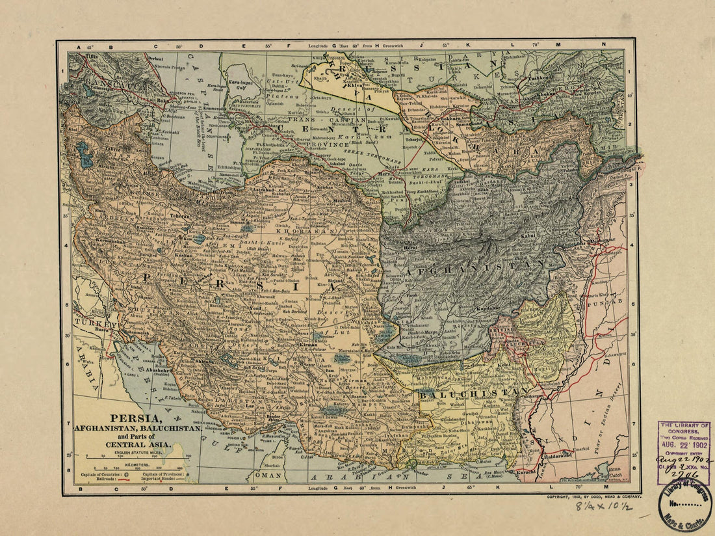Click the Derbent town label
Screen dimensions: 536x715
pyautogui.click(x=156, y=59)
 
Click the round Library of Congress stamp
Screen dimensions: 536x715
pyautogui.click(x=684, y=505)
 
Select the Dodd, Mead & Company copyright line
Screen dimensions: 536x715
pyautogui.click(x=593, y=496)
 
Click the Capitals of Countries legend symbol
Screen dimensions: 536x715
pyautogui.click(x=125, y=475)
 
